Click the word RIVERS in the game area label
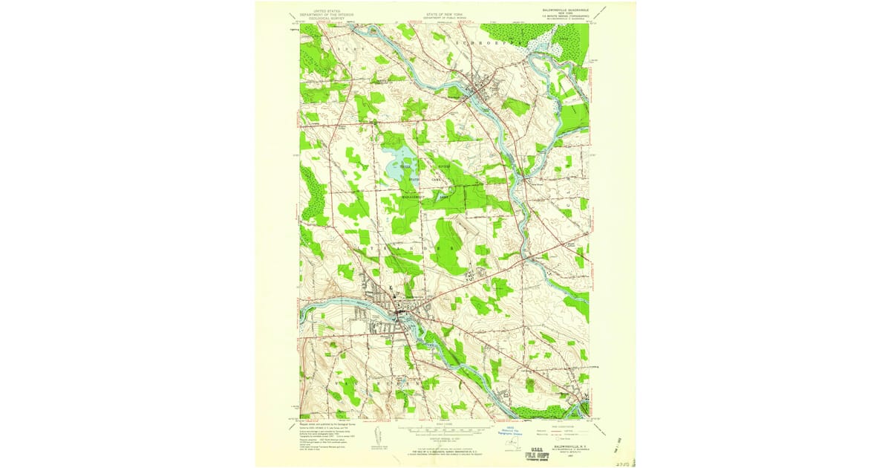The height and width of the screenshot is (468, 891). click(443, 167)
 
